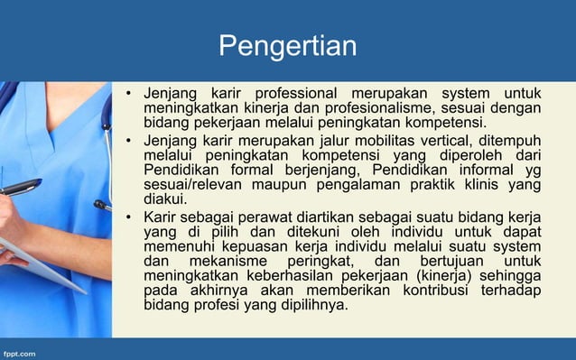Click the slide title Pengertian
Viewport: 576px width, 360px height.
coord(288,45)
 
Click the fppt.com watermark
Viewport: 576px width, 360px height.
coord(22,350)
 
